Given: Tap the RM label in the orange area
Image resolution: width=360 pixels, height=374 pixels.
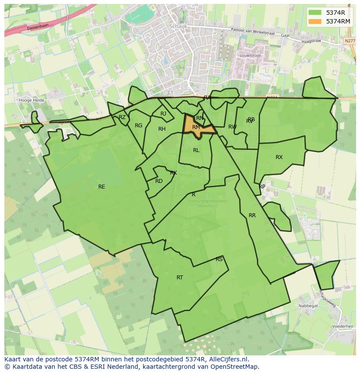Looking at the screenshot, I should pyautogui.click(x=196, y=127).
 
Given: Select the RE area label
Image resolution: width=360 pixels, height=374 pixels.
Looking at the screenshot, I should pyautogui.click(x=102, y=187).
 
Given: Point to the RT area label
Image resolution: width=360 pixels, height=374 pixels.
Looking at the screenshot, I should pyautogui.click(x=180, y=277).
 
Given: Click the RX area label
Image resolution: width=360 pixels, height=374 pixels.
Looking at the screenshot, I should pyautogui.click(x=279, y=157).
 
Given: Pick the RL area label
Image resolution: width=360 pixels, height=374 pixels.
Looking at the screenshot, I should pyautogui.click(x=196, y=150).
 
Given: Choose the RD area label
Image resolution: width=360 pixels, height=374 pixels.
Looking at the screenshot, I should pyautogui.click(x=159, y=181).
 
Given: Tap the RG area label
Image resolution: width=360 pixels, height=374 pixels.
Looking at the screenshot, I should pyautogui.click(x=138, y=126).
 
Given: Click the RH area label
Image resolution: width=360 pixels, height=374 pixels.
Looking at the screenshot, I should pyautogui.click(x=162, y=129).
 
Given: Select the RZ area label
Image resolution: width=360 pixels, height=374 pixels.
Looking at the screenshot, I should pyautogui.click(x=122, y=117).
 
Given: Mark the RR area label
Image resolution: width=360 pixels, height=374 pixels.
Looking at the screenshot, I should pyautogui.click(x=252, y=215).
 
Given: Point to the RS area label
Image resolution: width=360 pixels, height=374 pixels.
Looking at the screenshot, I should pyautogui.click(x=219, y=259).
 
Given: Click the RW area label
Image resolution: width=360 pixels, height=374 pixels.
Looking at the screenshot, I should pyautogui.click(x=233, y=127).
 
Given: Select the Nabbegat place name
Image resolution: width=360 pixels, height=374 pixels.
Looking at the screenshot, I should pyautogui.click(x=308, y=305).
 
